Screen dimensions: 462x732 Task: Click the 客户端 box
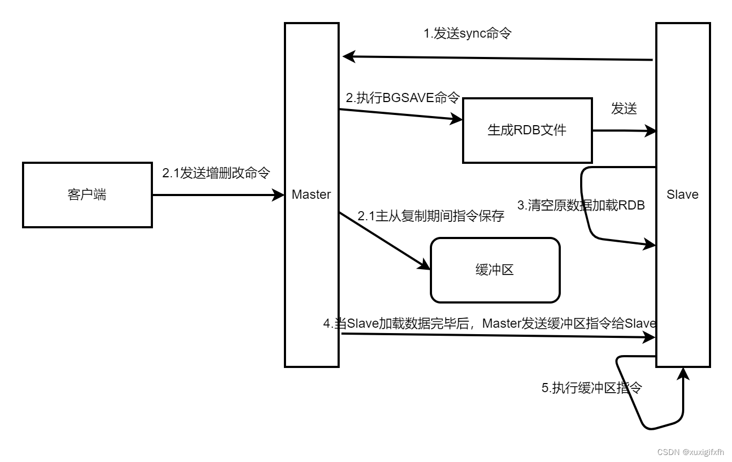[87, 195]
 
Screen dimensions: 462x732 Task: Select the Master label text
[311, 194]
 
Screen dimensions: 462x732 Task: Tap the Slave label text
[683, 194]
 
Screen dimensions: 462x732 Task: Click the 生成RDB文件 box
[527, 130]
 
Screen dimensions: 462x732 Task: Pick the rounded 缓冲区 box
[495, 270]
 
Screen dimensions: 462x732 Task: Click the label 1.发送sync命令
[467, 33]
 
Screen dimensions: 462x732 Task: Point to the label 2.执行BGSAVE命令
[402, 97]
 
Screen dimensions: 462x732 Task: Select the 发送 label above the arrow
[624, 109]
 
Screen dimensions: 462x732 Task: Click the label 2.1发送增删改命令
[216, 173]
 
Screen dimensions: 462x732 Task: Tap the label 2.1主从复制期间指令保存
[431, 216]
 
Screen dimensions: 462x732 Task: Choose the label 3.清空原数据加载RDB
[581, 205]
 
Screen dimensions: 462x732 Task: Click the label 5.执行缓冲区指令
[591, 388]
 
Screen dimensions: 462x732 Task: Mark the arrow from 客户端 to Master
[217, 195]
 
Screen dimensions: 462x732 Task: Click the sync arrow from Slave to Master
[497, 57]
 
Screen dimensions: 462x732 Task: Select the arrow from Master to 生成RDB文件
[400, 115]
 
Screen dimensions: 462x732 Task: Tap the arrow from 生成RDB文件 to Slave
[624, 130]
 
